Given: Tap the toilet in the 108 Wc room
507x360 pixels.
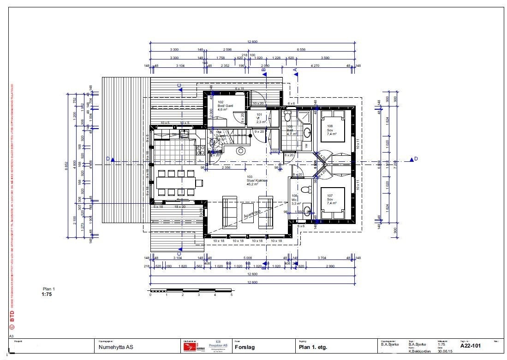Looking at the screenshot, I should tap(304, 190).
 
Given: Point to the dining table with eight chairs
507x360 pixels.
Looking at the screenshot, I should tap(177, 183).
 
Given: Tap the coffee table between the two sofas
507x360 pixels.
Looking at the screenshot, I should tap(249, 212).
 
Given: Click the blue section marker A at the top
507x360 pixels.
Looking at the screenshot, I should tap(295, 69).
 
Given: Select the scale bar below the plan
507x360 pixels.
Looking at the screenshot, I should tap(191, 290).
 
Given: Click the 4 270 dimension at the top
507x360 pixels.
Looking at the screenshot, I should tap(315, 66).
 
